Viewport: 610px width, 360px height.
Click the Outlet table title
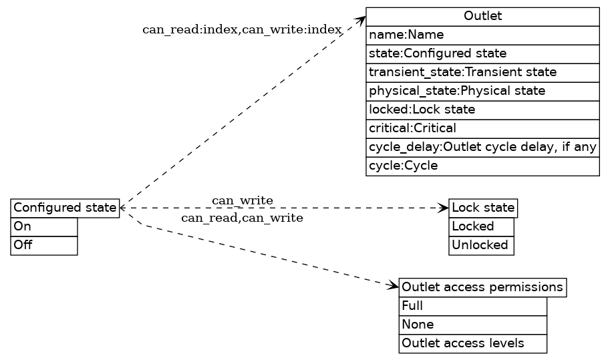pos(482,17)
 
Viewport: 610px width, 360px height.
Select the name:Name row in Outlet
pos(482,35)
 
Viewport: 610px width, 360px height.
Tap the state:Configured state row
pos(482,53)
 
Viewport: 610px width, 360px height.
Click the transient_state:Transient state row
pos(482,72)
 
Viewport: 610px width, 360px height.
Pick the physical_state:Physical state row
pos(482,91)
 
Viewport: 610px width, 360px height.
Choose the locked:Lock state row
pos(482,110)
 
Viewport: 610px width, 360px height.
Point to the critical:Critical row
pos(482,128)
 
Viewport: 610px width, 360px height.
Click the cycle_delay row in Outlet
pos(482,147)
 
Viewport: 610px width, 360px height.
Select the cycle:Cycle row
pos(482,166)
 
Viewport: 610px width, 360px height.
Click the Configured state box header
pos(65,208)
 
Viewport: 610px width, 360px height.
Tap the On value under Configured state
pos(44,226)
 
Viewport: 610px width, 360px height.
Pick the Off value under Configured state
pos(44,245)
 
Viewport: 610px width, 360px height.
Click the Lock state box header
pos(483,208)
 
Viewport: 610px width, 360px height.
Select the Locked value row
pos(481,226)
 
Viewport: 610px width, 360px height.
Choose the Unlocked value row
pos(481,245)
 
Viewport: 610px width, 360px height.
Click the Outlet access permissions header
pos(482,288)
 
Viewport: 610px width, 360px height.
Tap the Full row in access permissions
pos(473,307)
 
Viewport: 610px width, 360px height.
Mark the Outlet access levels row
pos(473,344)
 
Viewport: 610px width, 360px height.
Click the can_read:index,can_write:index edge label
pos(242,30)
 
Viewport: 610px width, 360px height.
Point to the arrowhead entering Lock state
pos(443,208)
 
